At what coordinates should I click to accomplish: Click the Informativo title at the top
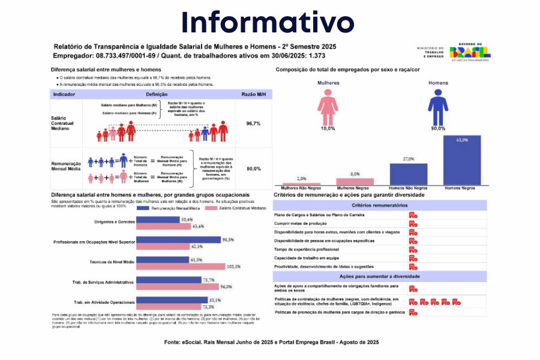pos(268,22)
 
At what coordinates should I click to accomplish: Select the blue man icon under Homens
pos(437,107)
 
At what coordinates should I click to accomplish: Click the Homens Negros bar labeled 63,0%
pos(462,160)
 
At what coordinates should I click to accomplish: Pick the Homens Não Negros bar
pos(408,174)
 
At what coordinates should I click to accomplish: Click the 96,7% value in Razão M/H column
pos(253,123)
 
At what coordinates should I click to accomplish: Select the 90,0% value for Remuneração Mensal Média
pos(253,169)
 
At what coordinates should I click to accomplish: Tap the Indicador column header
pos(64,95)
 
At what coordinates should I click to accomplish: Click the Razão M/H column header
pos(253,95)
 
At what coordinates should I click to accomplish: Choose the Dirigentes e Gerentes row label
pos(114,223)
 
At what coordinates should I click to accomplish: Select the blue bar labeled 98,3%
pos(179,240)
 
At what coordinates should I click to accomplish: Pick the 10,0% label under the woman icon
pos(328,128)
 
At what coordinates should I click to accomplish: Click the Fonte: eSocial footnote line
pos(271,341)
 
